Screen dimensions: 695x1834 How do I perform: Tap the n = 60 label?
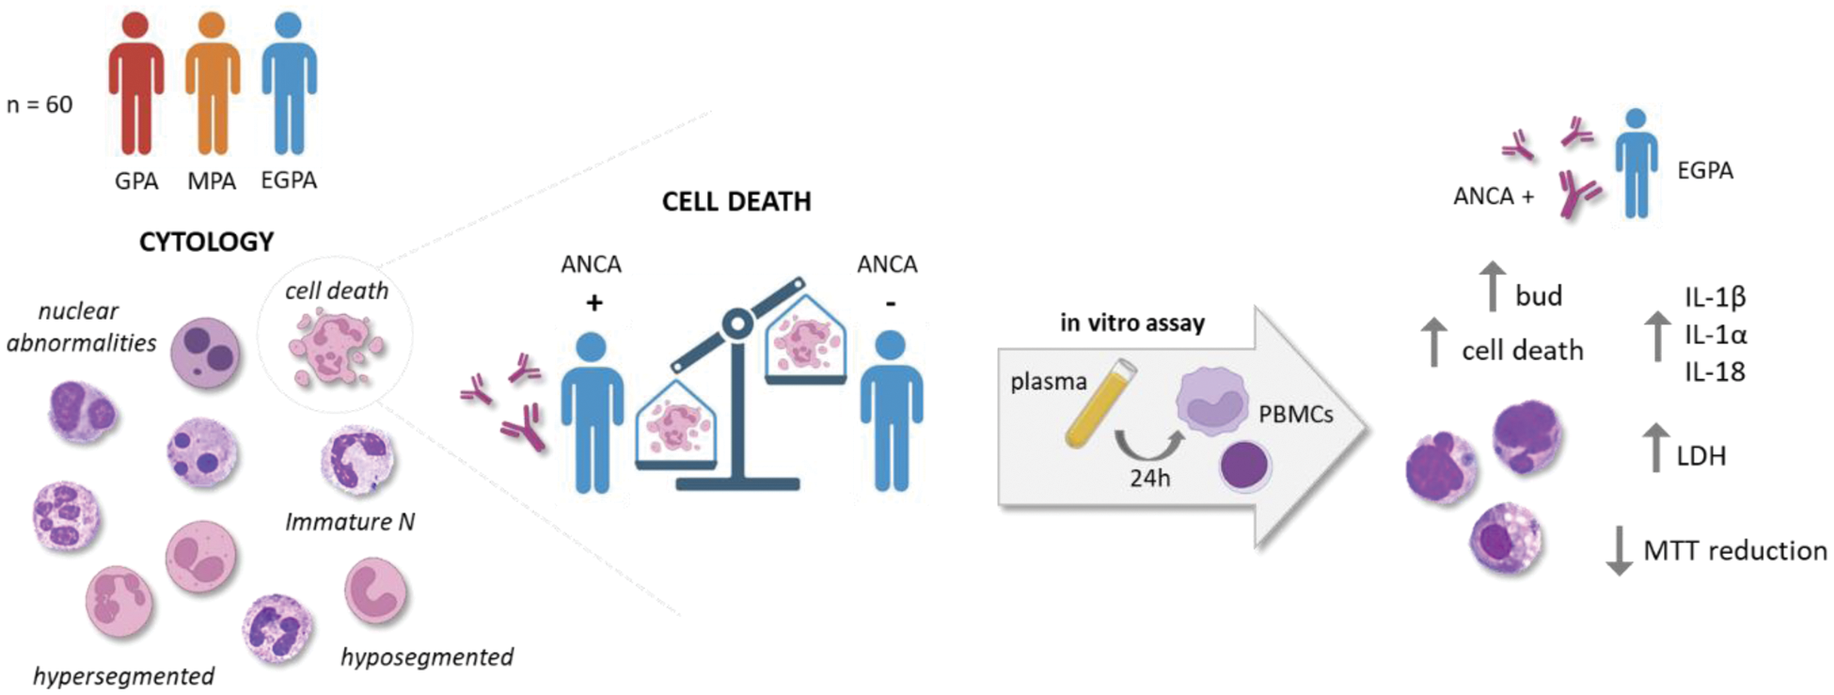click(x=40, y=104)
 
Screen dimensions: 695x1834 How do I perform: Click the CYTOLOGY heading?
click(x=207, y=243)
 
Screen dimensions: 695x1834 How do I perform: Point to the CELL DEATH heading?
click(x=736, y=201)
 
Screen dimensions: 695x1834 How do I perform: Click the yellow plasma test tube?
click(x=1100, y=403)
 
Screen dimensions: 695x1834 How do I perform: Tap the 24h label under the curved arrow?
click(x=1150, y=478)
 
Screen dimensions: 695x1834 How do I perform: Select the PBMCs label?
click(x=1295, y=414)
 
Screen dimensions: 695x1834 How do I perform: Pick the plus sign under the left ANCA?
click(x=593, y=303)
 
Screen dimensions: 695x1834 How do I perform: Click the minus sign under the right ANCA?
click(x=890, y=303)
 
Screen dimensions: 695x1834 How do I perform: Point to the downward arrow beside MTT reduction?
click(x=1619, y=550)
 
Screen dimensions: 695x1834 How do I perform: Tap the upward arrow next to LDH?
click(x=1655, y=448)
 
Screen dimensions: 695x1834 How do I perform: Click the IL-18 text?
click(x=1715, y=372)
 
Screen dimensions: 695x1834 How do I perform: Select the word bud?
click(x=1539, y=296)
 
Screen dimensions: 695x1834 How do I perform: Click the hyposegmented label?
click(x=427, y=656)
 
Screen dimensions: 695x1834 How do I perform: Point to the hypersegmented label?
click(x=123, y=676)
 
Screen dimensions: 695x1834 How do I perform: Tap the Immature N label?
click(x=350, y=521)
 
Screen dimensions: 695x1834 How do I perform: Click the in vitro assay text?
click(x=1132, y=324)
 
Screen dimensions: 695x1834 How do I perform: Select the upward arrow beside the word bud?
click(x=1493, y=286)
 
